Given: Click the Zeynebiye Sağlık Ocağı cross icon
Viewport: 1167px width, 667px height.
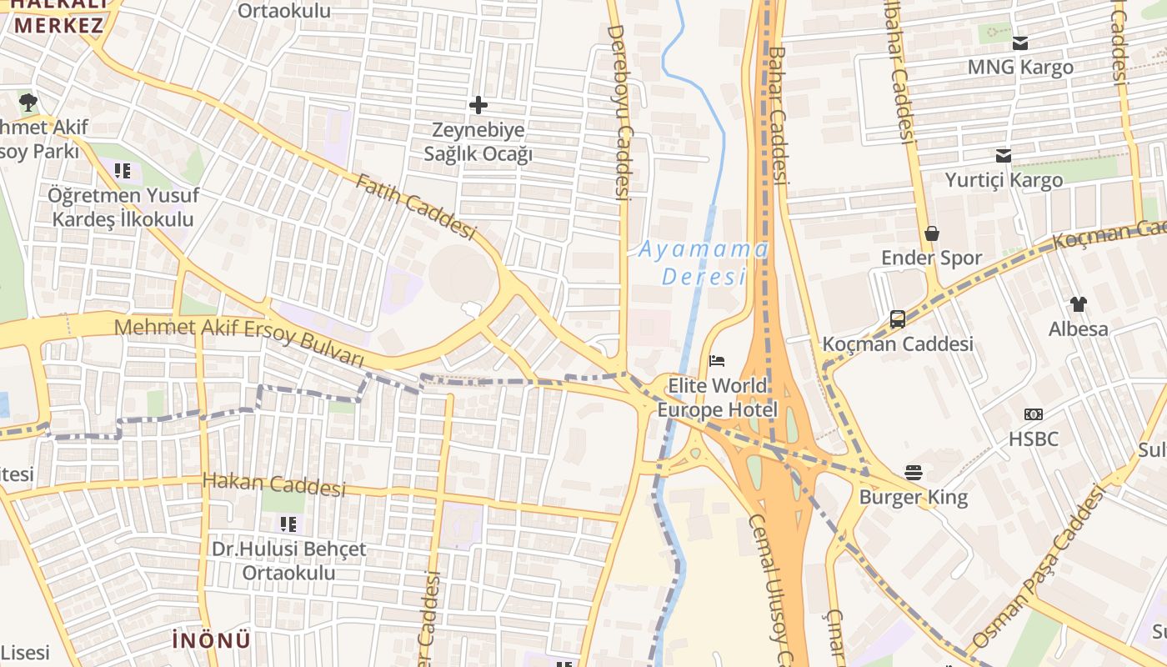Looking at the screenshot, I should pos(478,105).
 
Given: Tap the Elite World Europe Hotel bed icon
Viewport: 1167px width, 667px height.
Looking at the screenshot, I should pos(717,361).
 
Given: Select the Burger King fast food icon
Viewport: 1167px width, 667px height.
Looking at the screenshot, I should pos(914,473).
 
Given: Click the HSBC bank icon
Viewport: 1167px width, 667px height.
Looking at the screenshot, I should pos(1034,414).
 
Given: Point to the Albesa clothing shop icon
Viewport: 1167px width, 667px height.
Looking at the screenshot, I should pos(1079,304).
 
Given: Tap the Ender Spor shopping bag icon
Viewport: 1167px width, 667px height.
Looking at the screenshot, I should pos(932,233).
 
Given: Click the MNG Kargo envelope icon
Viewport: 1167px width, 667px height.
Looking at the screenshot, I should pos(1020,43).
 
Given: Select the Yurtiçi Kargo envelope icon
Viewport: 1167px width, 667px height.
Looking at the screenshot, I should pos(1004,156).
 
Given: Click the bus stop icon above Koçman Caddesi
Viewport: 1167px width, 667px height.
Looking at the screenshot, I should pos(898,318).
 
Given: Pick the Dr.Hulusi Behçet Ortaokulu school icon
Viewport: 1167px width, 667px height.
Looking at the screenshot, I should pos(288,524).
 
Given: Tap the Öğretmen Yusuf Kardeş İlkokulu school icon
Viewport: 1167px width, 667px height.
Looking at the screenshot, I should pos(123,171).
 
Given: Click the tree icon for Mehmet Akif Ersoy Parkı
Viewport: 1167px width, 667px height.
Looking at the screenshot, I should pos(28,103).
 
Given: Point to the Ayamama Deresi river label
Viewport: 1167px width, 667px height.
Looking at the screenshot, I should pos(704,263).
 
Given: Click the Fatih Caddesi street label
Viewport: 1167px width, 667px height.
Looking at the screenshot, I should pos(415,205).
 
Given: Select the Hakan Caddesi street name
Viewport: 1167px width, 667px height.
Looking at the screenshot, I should pos(273,484).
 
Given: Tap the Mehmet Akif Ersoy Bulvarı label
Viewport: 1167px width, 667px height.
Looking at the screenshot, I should pos(239,340).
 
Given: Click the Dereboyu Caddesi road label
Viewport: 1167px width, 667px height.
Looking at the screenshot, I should pos(619,113).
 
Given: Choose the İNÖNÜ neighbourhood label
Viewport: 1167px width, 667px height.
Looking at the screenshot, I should pos(211,640).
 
